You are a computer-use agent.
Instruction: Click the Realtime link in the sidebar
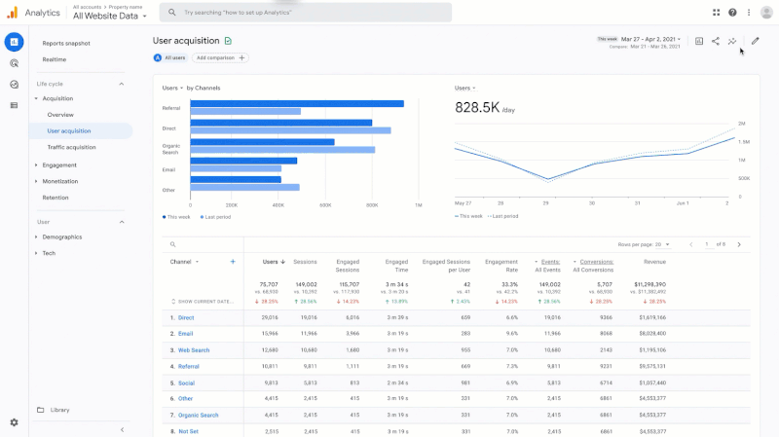(55, 59)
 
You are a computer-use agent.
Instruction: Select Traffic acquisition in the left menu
(72, 147)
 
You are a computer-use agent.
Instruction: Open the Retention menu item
(56, 197)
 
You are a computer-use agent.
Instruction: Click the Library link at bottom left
(59, 410)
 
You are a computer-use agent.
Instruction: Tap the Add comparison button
(220, 58)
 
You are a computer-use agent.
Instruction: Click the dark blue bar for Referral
(297, 103)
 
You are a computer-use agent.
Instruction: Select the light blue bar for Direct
(290, 130)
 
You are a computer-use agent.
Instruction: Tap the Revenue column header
(654, 262)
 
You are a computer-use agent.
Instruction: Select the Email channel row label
(186, 334)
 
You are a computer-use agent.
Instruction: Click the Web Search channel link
(193, 350)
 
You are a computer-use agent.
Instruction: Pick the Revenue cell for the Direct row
(652, 317)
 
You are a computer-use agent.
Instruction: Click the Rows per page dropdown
(663, 244)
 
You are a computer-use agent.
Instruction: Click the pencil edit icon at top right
(755, 41)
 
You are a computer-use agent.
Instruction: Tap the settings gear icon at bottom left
(14, 422)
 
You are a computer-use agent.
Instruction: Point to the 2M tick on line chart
(742, 125)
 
